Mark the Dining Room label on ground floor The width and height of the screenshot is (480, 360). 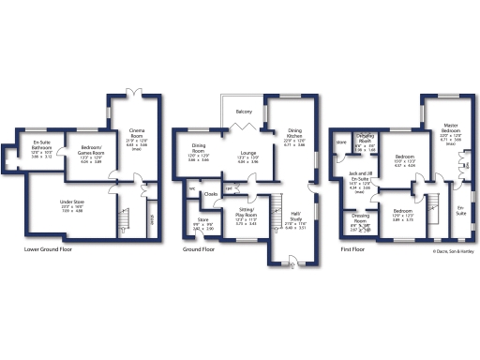(199, 147)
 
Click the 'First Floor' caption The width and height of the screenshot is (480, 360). (352, 250)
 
